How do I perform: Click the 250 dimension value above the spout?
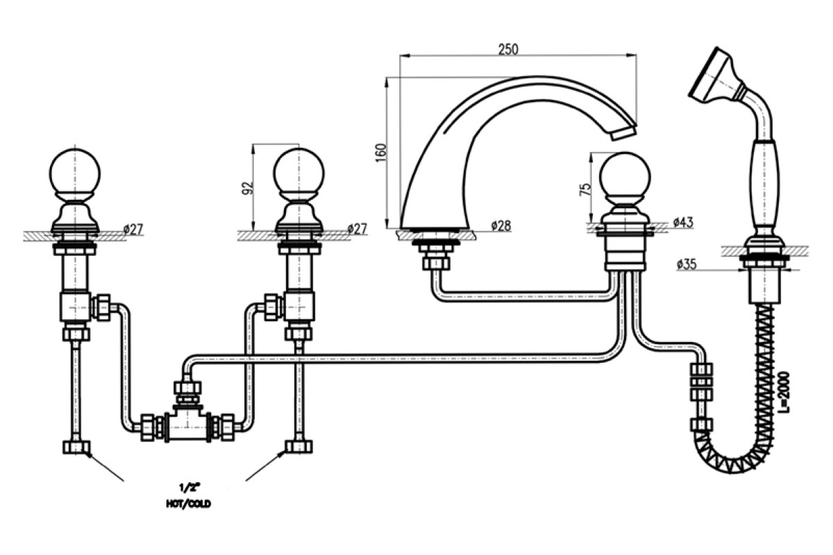tap(508, 49)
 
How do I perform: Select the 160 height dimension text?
tap(381, 153)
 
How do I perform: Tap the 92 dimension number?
tap(248, 188)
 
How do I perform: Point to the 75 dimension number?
tap(585, 189)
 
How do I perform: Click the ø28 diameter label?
tap(501, 225)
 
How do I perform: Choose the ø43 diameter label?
tap(683, 222)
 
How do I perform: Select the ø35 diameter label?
tap(687, 264)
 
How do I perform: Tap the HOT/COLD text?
tap(188, 504)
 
